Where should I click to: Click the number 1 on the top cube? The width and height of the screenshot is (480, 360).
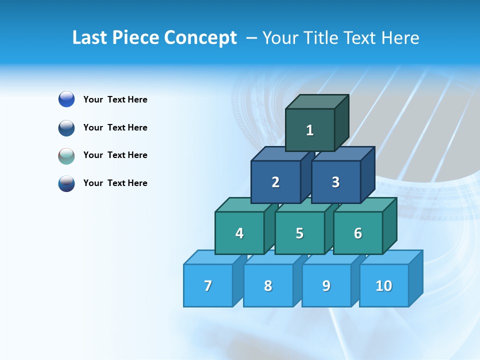point(310,130)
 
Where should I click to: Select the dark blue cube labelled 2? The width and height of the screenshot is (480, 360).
point(275,182)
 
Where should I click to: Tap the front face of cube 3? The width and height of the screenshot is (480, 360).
point(335,182)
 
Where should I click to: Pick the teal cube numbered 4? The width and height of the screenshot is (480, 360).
point(239,233)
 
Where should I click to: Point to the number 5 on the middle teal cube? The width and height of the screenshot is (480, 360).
point(299,233)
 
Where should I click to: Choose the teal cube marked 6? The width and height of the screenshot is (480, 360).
point(358,233)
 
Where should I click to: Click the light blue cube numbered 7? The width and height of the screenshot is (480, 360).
point(208,285)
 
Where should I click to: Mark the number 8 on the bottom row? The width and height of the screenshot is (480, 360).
point(268,286)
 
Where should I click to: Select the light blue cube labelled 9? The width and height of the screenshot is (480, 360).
point(326,286)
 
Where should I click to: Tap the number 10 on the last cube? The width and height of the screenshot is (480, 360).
point(384,286)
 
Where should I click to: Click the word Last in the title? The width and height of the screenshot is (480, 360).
point(90,38)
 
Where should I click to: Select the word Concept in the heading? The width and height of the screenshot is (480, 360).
point(201,38)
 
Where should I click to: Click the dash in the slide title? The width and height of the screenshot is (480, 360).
point(252,38)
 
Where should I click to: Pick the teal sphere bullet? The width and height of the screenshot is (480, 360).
point(66,155)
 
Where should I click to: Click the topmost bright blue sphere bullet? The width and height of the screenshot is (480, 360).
point(66,99)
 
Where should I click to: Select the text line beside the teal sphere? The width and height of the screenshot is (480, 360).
point(115,155)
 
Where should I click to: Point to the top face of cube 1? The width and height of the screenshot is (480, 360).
point(316,102)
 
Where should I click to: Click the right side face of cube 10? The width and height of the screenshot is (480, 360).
point(415,278)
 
